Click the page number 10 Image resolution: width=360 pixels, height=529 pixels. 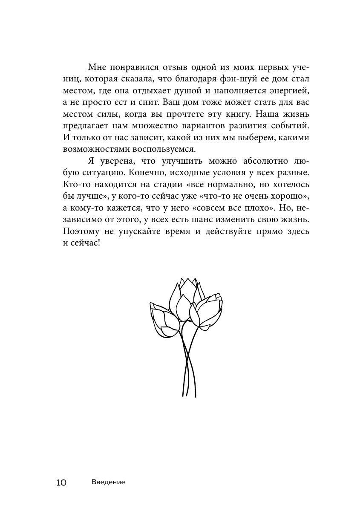point(61,483)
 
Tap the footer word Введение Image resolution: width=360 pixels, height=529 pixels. point(108,482)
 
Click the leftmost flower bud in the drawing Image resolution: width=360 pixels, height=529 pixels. point(164,322)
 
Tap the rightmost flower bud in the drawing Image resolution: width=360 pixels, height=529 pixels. point(209,311)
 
